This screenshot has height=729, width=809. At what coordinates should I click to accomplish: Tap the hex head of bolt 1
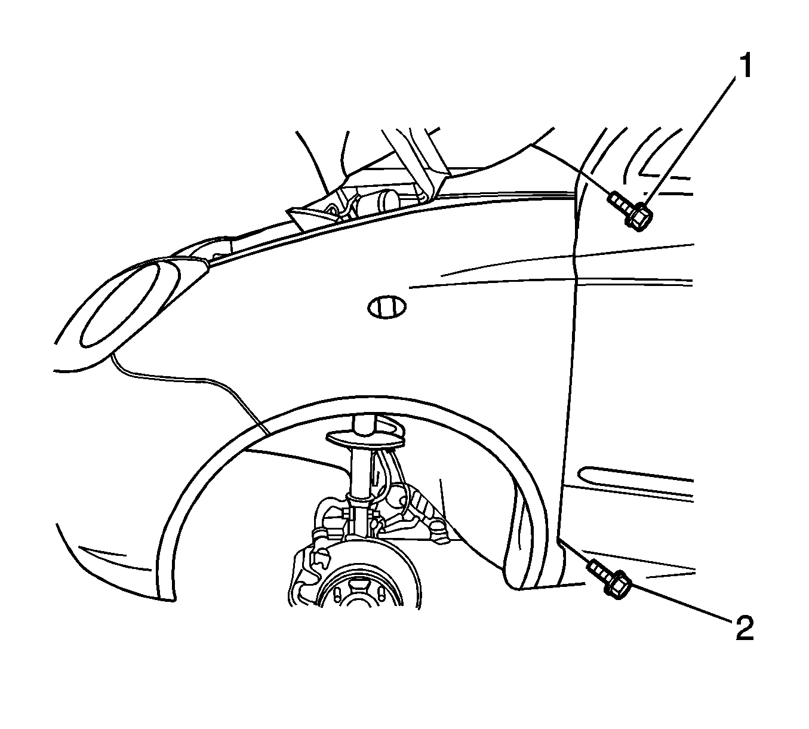(x=638, y=218)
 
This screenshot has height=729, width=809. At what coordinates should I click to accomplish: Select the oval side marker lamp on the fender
(x=387, y=307)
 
